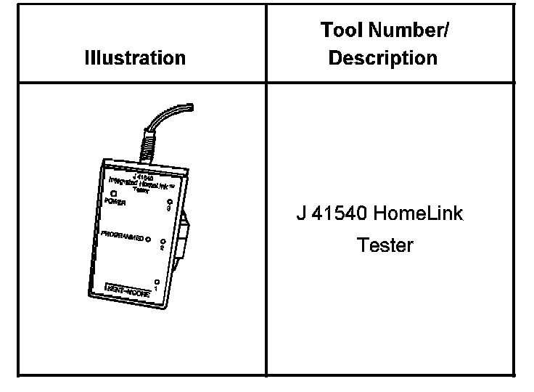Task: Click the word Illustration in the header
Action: click(x=135, y=57)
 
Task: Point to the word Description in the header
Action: click(x=383, y=57)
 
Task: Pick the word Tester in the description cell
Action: click(x=385, y=245)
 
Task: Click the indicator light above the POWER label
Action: click(x=113, y=193)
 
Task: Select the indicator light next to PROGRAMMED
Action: click(x=148, y=239)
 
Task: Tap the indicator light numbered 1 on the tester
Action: click(x=156, y=280)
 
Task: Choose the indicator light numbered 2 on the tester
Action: click(x=163, y=242)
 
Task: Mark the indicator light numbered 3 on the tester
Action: click(x=169, y=203)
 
